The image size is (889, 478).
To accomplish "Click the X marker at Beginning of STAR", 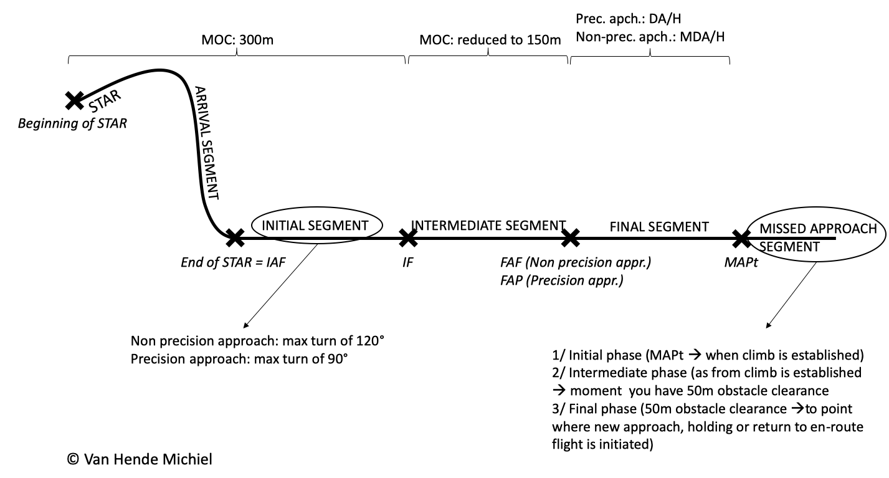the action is (74, 100).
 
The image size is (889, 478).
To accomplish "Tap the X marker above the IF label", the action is (408, 238).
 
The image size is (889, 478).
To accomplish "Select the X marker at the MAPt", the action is (741, 238).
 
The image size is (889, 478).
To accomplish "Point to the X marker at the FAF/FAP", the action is (570, 238).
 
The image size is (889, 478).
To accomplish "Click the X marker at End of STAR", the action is (235, 238).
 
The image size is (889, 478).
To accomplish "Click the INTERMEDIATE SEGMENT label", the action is (488, 226).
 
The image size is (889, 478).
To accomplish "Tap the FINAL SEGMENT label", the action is (659, 227).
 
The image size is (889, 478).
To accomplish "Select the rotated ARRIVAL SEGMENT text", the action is (206, 143).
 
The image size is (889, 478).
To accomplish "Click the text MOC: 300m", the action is (237, 40).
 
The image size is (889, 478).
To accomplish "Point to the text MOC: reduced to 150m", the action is (490, 40).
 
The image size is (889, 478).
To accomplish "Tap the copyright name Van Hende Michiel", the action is (148, 459).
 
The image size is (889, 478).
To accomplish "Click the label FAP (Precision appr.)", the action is (561, 280).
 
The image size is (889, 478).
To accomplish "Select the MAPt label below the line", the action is (741, 262).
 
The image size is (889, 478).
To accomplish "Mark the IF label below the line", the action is (407, 262).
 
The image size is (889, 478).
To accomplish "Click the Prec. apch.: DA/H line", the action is (628, 19).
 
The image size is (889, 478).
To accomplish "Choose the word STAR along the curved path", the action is (105, 101).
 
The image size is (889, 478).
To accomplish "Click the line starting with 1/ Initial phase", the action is (708, 355).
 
